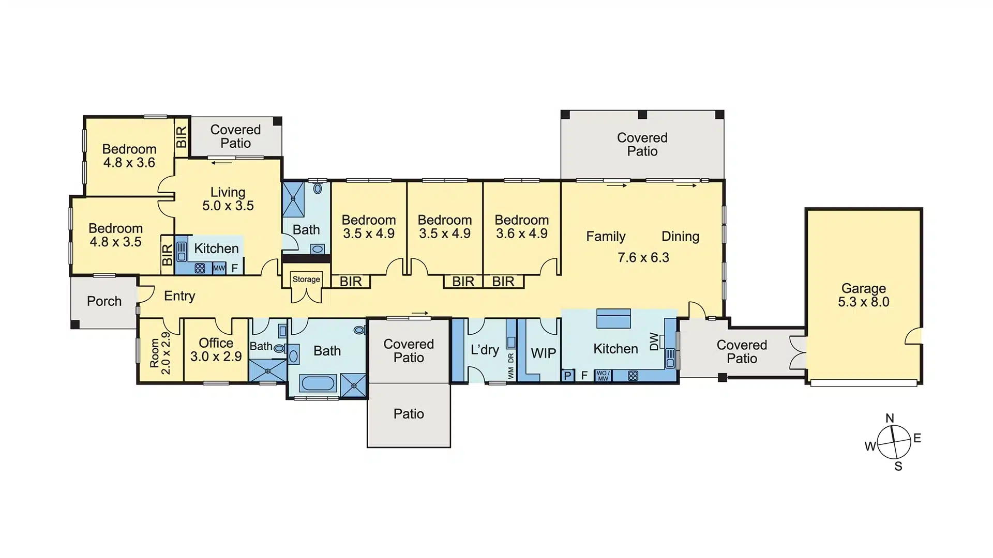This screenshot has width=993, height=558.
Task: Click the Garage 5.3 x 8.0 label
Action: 863,296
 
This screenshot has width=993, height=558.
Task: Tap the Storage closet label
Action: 306,280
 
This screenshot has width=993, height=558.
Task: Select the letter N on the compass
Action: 890,418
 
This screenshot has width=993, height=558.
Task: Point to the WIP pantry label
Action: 543,353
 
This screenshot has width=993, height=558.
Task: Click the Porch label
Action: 104,301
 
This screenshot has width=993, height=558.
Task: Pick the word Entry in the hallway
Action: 179,296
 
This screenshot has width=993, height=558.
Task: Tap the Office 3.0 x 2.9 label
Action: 216,350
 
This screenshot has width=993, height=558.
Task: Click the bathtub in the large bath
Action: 318,383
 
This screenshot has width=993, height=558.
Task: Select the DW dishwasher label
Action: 654,342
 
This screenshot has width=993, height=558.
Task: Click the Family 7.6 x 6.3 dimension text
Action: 643,257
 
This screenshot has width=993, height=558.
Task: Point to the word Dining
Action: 680,237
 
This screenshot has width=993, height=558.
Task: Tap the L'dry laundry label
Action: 485,350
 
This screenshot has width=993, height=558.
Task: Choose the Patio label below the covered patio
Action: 409,414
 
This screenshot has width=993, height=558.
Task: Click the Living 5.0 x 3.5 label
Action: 228,199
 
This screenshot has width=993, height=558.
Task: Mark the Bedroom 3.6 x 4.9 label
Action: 521,227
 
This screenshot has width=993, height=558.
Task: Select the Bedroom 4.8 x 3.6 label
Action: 129,156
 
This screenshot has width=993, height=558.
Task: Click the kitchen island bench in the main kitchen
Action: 613,319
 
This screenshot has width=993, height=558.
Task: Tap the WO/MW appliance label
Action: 603,376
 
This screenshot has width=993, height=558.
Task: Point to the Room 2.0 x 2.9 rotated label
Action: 160,353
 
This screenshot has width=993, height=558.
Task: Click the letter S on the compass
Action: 898,466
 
